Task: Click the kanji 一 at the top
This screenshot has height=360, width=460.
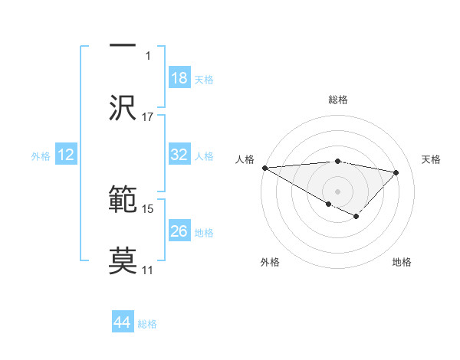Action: [x=123, y=46]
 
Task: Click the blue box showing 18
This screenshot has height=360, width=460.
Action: [x=179, y=78]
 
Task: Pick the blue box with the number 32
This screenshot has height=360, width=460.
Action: [x=179, y=155]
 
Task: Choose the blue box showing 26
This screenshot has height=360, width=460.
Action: [x=179, y=231]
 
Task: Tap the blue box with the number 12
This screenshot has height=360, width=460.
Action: [x=66, y=155]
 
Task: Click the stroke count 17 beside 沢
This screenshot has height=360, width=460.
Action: [x=148, y=117]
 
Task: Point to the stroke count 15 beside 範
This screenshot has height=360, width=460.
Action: [x=148, y=208]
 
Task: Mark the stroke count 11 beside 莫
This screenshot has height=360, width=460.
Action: [x=148, y=270]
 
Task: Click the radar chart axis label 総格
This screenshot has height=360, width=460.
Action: [x=337, y=100]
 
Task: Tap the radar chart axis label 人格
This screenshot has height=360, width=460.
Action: [x=245, y=159]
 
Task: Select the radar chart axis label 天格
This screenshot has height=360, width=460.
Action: [x=431, y=159]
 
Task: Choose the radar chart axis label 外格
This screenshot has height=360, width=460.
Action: [x=269, y=262]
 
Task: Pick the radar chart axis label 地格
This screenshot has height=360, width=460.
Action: [x=402, y=262]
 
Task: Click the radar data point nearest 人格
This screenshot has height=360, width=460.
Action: [x=264, y=168]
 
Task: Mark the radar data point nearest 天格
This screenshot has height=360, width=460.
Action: [x=396, y=172]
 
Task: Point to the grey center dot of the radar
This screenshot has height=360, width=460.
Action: [x=337, y=191]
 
